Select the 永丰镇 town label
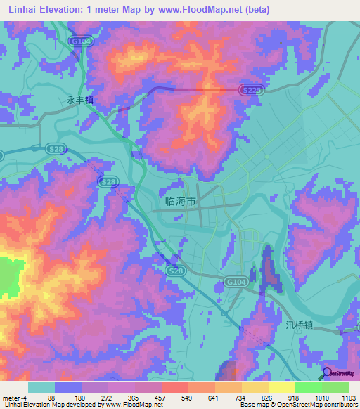(79, 100)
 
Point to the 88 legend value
(51, 398)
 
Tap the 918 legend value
(293, 398)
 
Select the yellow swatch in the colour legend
(282, 388)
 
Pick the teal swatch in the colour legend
(41, 388)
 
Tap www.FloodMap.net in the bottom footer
(134, 405)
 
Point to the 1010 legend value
(321, 398)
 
